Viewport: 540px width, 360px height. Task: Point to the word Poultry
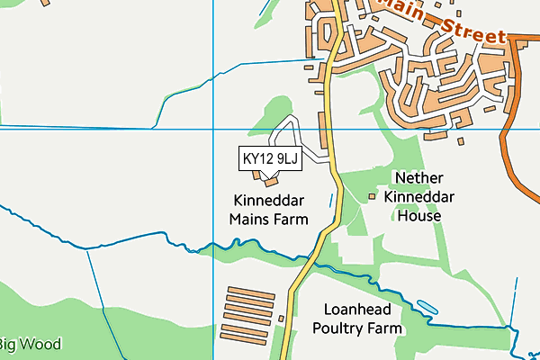[x=343, y=328]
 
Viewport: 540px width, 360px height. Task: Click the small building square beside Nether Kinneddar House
[x=373, y=195]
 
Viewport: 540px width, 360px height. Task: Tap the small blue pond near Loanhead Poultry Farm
[x=427, y=307]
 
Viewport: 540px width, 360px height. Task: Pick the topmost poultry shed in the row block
[x=250, y=291]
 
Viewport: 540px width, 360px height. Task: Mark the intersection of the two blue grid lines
[x=212, y=130]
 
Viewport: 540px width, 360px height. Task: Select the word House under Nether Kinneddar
[x=419, y=216]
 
